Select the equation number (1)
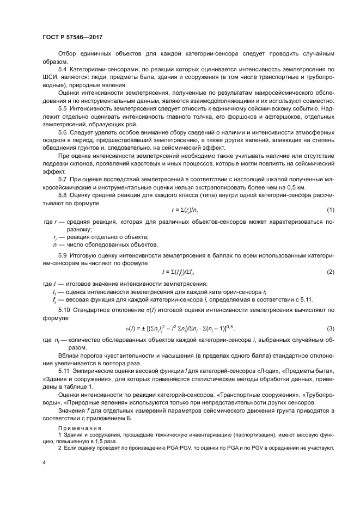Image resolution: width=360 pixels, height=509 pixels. pyautogui.click(x=330, y=210)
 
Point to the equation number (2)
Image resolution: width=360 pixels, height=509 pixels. pyautogui.click(x=330, y=271)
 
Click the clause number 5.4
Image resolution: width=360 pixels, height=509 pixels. pyautogui.click(x=63, y=71)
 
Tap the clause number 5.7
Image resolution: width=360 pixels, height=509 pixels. pyautogui.click(x=63, y=180)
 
